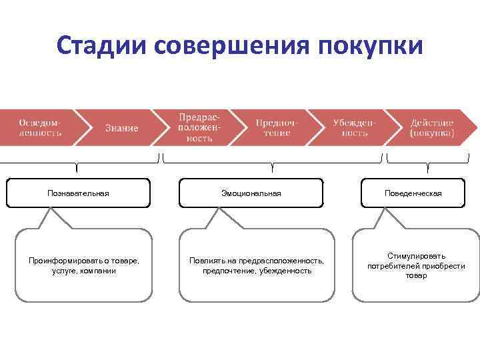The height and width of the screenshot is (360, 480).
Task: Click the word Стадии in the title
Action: (101, 47)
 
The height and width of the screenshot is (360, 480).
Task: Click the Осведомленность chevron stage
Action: (39, 127)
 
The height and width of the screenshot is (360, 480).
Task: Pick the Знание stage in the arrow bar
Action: (121, 127)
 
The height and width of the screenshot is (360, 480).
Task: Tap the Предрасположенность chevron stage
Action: (195, 127)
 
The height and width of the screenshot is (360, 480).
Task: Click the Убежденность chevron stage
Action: (355, 127)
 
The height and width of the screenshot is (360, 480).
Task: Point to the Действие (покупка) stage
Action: (432, 127)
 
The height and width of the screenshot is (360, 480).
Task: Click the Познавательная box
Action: (78, 193)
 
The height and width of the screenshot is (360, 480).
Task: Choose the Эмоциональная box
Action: (251, 193)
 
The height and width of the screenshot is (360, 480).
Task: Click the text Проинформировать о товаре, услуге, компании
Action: (84, 266)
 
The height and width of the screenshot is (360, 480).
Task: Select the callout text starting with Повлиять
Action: (257, 266)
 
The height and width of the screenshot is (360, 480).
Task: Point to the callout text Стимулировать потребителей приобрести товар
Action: (416, 266)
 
